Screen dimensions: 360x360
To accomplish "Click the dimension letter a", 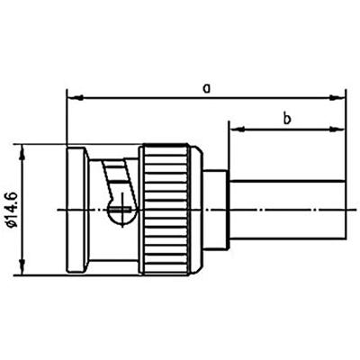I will pos(206,87).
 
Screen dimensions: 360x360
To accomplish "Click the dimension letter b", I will pos(285,117).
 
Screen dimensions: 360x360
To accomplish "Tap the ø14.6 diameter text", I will pos(12,209).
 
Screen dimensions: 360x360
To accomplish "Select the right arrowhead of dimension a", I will pos(340,96).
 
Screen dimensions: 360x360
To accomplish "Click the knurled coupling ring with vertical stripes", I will pos(169,208).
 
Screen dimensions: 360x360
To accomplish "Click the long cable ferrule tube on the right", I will pos(286,209).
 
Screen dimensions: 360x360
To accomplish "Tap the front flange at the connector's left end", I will pos(75,208).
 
